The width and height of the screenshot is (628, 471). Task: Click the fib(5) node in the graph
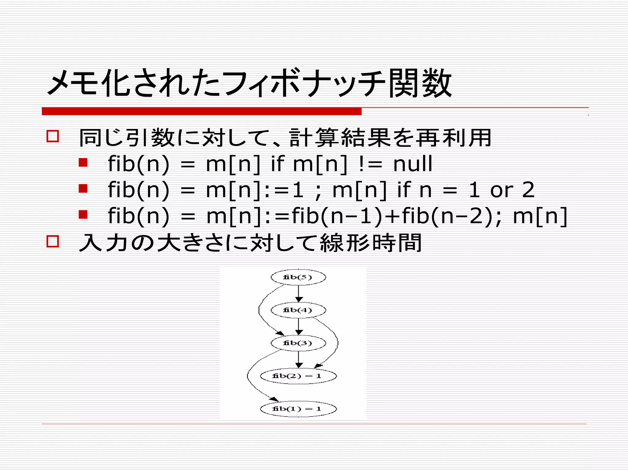point(298,277)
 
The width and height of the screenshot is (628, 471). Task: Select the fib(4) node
point(298,310)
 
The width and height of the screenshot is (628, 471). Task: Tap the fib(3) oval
point(298,343)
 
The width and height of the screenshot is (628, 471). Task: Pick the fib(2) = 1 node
point(298,376)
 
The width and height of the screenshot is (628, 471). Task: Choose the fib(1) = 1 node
point(298,409)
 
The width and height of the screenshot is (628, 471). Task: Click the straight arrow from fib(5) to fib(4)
point(299,293)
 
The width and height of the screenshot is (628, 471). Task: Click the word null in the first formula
point(412,164)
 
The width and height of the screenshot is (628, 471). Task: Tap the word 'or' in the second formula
point(502,190)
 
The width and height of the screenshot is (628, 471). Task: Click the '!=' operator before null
point(370,164)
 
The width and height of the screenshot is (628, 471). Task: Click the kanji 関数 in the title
point(420,83)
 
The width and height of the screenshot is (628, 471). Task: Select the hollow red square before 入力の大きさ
point(53,241)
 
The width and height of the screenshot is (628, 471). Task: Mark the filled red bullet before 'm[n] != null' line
point(83,162)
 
